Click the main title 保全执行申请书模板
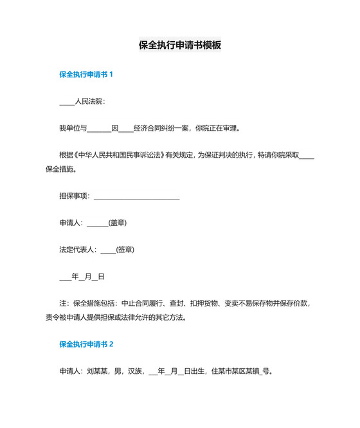click(180, 46)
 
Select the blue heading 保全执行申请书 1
click(86, 74)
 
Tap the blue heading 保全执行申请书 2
click(86, 344)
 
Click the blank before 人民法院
click(66, 102)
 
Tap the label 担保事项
click(74, 196)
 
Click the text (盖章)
click(118, 223)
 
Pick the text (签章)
click(125, 249)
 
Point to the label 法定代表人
click(78, 249)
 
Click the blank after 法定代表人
click(108, 250)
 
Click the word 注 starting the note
click(62, 302)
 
